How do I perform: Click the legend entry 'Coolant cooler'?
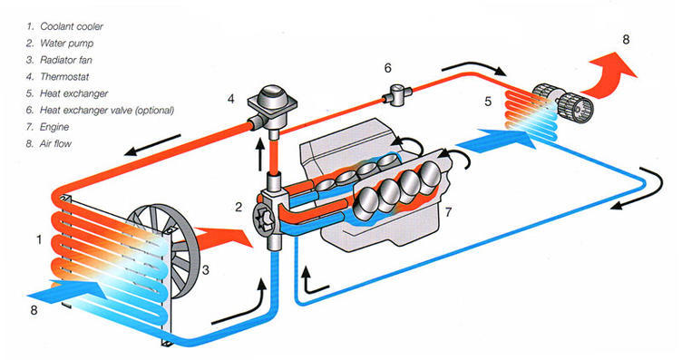coord(72,26)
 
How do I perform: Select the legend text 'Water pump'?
coord(66,44)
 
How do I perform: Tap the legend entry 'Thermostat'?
coord(64,77)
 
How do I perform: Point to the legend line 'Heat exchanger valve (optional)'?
coord(107,111)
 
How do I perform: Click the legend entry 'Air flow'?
coord(55,144)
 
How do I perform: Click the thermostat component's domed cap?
coord(273,93)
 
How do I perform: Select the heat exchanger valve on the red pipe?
coord(397,95)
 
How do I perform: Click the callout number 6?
coord(387,68)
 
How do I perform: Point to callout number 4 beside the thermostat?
coord(230,99)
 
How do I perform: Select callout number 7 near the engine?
coord(448,212)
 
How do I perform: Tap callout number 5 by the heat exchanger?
coord(488,102)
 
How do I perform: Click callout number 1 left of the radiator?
coord(39,239)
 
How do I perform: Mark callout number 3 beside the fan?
coord(205,270)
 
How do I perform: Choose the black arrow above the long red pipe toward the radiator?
coord(151,145)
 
